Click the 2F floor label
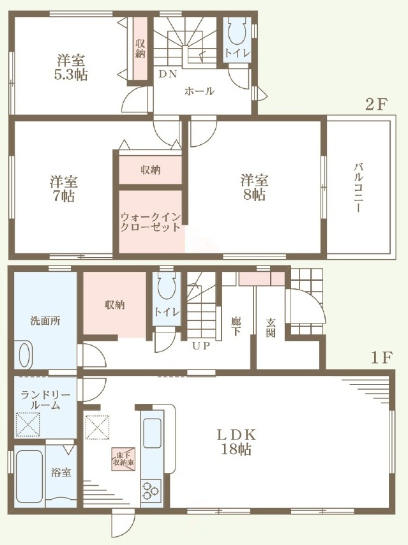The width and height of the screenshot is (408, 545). click(x=376, y=104)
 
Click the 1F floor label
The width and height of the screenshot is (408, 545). click(x=382, y=358)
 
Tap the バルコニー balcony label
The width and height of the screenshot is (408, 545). click(x=358, y=188)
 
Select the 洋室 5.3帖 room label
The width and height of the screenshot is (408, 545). click(x=71, y=68)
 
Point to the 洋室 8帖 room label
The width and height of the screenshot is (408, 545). click(x=254, y=188)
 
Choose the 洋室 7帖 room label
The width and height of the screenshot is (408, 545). click(x=63, y=189)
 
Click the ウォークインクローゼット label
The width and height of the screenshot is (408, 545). click(x=151, y=223)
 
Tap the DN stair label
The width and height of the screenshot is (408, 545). click(x=168, y=74)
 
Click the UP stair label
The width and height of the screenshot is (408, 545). click(x=201, y=346)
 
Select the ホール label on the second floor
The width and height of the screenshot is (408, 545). click(x=199, y=91)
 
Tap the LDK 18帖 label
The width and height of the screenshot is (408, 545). click(x=236, y=442)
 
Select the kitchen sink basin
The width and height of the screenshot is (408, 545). click(x=153, y=433)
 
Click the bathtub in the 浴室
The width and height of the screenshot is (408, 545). click(x=29, y=478)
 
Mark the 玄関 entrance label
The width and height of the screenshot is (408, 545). click(x=271, y=327)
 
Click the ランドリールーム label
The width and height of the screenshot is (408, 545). click(x=45, y=400)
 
